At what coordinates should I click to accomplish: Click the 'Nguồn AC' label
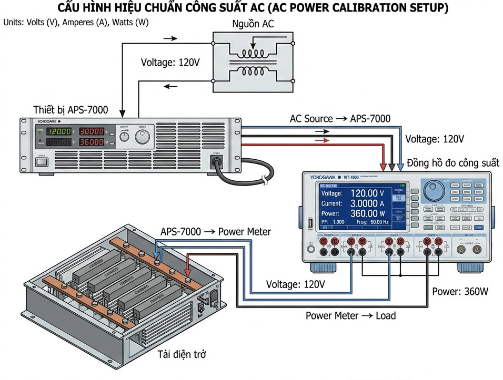[253, 24]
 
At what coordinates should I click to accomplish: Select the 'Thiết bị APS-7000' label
[71, 110]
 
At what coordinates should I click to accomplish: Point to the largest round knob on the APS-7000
[143, 137]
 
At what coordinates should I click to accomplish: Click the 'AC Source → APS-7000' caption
[340, 119]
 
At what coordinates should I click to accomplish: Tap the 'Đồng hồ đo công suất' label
[453, 163]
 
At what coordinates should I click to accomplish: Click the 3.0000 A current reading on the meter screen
[371, 203]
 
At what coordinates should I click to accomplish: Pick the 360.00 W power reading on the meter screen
[371, 213]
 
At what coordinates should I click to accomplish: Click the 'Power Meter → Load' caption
[350, 316]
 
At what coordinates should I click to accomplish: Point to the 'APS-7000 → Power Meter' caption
[216, 231]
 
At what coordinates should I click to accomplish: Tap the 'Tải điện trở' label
[182, 354]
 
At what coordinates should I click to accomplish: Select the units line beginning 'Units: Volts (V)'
[76, 23]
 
